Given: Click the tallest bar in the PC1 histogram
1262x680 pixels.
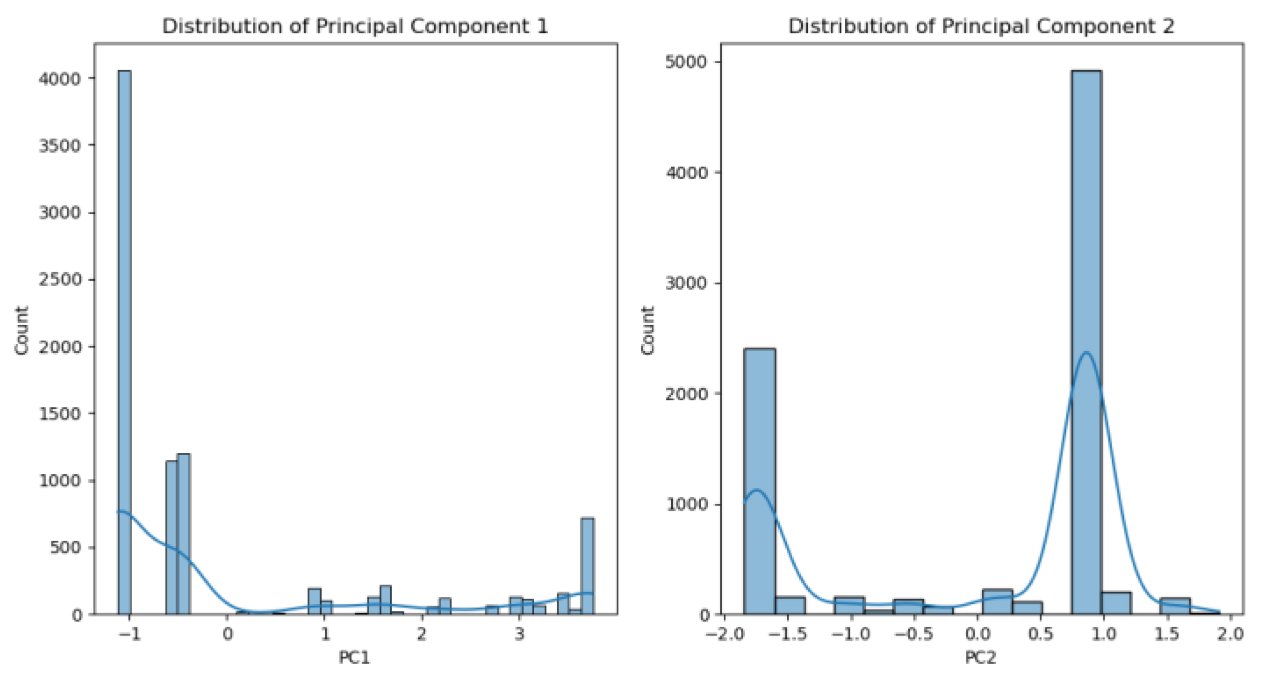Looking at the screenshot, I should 125,342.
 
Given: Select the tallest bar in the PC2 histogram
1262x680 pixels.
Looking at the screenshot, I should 1086,342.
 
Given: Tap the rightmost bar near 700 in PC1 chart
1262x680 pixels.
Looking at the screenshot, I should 587,566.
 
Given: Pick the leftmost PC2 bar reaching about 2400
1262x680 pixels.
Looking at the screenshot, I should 759,481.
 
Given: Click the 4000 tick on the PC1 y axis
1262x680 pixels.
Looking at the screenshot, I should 59,78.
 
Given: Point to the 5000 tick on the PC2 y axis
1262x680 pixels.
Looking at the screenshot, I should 686,61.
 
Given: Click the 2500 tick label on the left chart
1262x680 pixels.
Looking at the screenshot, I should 59,279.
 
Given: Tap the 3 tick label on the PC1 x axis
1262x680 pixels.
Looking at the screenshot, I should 519,634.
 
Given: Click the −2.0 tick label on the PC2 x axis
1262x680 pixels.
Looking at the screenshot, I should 724,634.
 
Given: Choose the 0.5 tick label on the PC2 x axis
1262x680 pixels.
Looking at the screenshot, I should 1040,634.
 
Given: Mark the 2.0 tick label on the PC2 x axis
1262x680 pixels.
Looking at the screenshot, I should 1229,634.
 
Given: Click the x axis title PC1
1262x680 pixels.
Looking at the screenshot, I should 355,658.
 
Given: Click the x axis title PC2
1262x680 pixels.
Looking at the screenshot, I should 981,658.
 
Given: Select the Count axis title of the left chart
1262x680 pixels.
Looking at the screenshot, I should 22,330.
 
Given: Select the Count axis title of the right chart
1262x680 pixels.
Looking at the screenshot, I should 648,330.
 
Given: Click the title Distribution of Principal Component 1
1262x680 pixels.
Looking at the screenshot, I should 355,26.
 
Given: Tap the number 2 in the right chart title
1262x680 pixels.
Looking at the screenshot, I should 1168,26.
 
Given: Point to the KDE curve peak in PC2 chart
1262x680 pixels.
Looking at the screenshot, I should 1086,353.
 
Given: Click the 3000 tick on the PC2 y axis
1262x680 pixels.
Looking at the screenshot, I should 686,283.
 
